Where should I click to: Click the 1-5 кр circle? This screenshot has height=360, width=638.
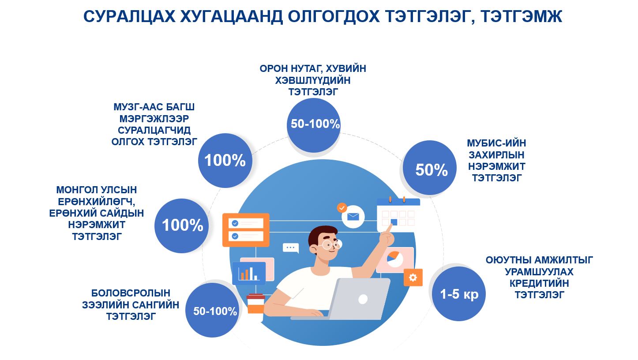pyautogui.click(x=458, y=294)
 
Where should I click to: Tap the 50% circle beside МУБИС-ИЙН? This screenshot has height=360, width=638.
pyautogui.click(x=429, y=168)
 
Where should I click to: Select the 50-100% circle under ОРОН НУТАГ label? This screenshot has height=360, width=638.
pyautogui.click(x=314, y=125)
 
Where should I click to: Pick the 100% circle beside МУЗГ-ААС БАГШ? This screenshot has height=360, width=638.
pyautogui.click(x=225, y=160)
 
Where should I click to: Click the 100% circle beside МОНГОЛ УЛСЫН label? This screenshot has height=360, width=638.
pyautogui.click(x=181, y=225)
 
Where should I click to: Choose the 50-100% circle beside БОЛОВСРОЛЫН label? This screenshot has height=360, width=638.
pyautogui.click(x=212, y=310)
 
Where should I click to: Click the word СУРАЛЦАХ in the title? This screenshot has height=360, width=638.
pyautogui.click(x=129, y=16)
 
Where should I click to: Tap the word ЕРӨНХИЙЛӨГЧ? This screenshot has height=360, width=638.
pyautogui.click(x=97, y=202)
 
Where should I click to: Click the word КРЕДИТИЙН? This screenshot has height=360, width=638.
pyautogui.click(x=539, y=283)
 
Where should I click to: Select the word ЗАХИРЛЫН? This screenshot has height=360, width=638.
pyautogui.click(x=496, y=155)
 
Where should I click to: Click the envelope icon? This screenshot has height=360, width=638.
pyautogui.click(x=353, y=217)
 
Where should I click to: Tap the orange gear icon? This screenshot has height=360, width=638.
pyautogui.click(x=413, y=277)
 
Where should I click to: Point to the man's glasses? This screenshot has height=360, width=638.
pyautogui.click(x=330, y=244)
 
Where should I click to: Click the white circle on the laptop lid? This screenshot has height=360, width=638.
pyautogui.click(x=363, y=299)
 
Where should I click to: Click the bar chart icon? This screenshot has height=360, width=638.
pyautogui.click(x=249, y=273)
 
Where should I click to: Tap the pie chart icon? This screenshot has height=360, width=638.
pyautogui.click(x=395, y=259)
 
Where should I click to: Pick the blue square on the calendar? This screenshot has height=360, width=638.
pyautogui.click(x=394, y=222)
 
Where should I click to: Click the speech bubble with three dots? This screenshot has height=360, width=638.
pyautogui.click(x=290, y=248)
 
